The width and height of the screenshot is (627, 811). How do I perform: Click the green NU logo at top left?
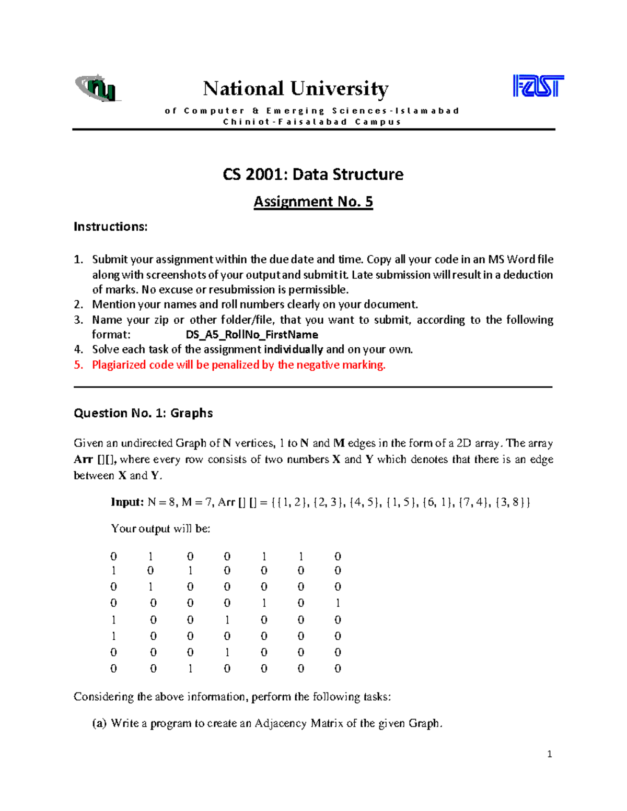pos(98,88)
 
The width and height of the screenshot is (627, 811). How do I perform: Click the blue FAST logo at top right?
pos(538,86)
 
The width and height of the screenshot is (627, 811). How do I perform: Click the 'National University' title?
pos(296,88)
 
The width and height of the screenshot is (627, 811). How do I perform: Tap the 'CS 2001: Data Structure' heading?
pos(313,174)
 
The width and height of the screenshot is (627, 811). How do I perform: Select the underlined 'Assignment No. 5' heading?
pos(313,202)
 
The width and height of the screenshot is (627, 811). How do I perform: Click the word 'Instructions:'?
pos(111,227)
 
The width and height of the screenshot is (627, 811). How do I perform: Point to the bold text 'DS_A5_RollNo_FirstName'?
pos(252,335)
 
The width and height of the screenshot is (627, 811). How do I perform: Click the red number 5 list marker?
pos(78,365)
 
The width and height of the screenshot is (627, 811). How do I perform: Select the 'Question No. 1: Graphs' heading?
pos(143,413)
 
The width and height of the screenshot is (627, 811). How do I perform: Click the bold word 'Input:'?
pos(127,502)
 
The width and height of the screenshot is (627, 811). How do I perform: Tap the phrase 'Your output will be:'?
pos(160,528)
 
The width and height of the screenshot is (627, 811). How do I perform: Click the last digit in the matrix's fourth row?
pos(338,603)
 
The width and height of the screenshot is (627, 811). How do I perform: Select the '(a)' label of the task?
pos(99,723)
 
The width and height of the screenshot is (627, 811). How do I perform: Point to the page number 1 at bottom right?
pos(549,754)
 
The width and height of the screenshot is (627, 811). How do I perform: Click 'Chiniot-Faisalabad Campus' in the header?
pos(312,122)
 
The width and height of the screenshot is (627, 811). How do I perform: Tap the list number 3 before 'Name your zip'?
pos(78,320)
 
